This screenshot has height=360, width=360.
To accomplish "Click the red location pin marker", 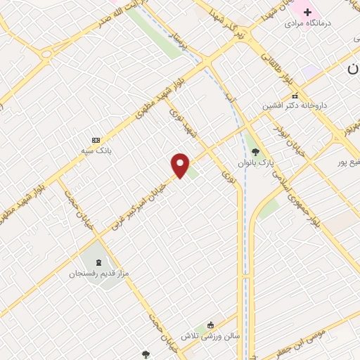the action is [181, 165].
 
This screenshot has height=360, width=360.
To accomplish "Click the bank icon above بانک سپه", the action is [96, 140].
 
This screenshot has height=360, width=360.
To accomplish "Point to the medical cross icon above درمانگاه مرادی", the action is [307, 12].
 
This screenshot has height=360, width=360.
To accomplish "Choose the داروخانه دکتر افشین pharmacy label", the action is [295, 105].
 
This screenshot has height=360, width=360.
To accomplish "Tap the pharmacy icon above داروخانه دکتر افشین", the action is [295, 95].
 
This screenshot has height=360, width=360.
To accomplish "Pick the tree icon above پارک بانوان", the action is [255, 151].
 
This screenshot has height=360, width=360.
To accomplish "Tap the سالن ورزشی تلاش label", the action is [210, 335].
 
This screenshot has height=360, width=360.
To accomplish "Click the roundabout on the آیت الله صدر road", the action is [47, 53].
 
